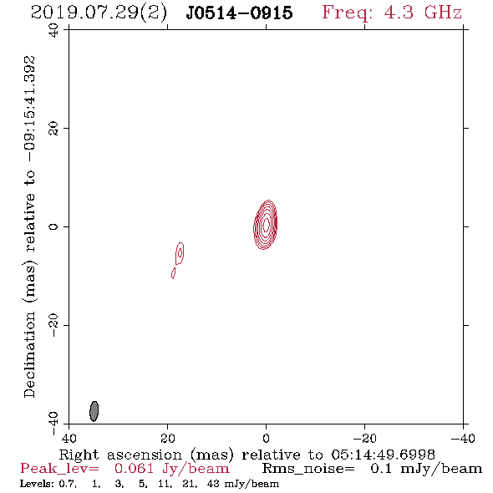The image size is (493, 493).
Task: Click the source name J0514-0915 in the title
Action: (x=239, y=13)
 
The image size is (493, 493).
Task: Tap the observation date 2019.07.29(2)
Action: (x=99, y=13)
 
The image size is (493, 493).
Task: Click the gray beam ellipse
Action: (x=94, y=411)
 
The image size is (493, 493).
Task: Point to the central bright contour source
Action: (x=266, y=225)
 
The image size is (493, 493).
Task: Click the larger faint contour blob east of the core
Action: (x=180, y=253)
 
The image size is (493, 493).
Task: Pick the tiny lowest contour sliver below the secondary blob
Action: (x=173, y=273)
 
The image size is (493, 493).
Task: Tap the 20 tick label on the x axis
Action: (x=168, y=439)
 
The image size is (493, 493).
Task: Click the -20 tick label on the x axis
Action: (x=364, y=439)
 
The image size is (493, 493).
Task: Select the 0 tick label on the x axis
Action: (x=266, y=439)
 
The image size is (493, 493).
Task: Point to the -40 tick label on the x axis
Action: (x=463, y=439)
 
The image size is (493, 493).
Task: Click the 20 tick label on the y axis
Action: (x=53, y=129)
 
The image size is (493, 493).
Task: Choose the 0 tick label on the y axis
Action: (x=53, y=226)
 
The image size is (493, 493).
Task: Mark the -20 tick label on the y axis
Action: (x=53, y=325)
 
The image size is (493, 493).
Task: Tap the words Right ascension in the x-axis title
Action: (x=120, y=455)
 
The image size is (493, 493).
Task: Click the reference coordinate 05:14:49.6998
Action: (x=383, y=455)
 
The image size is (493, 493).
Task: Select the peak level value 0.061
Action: (x=134, y=469)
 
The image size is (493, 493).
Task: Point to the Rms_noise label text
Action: (x=308, y=469)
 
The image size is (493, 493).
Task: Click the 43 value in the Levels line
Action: (x=213, y=484)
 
